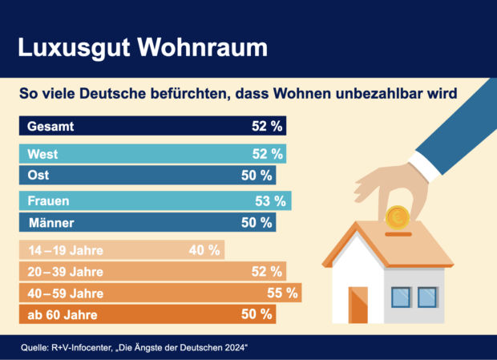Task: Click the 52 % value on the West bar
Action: [x=266, y=154]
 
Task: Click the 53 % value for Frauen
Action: [x=272, y=201]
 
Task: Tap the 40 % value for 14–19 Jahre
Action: [x=204, y=250]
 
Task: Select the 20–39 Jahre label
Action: [x=65, y=272]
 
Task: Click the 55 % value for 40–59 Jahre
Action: [x=281, y=293]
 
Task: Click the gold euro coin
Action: [x=397, y=216]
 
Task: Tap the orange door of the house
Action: [x=358, y=304]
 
